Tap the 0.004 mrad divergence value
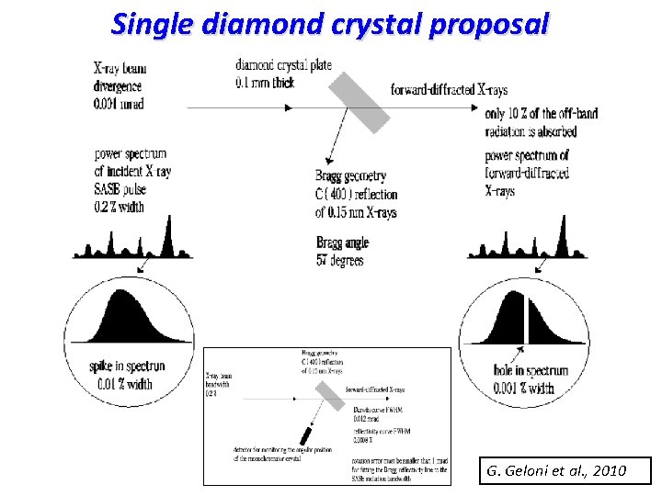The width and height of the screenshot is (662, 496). click(x=119, y=104)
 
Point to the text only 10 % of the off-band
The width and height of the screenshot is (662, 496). click(x=542, y=115)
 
